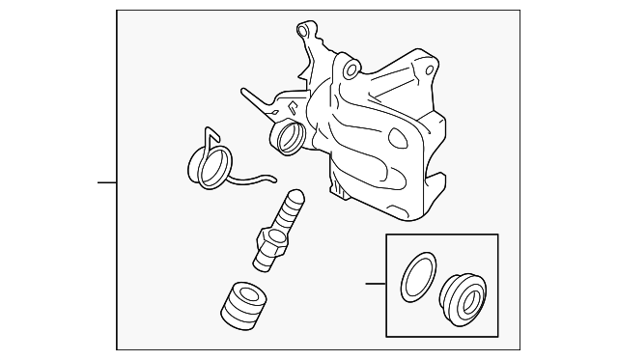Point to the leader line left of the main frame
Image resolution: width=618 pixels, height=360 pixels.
click(x=106, y=181)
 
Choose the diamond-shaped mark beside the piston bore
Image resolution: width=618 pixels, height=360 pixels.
click(x=290, y=108)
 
